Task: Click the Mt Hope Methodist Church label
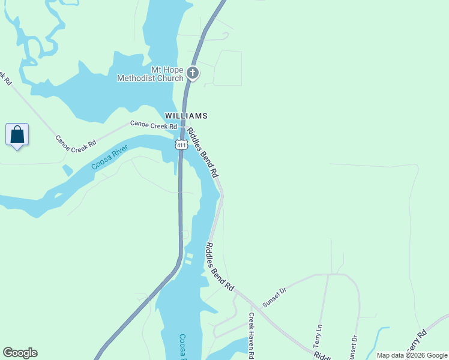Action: [150, 74]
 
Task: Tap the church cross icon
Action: [193, 74]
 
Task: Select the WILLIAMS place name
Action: [186, 115]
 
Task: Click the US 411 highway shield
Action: [180, 145]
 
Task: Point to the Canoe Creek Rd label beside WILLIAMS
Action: [154, 125]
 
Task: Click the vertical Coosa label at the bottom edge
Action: [183, 347]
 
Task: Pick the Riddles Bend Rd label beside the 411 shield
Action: [202, 152]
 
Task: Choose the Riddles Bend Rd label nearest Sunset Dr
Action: [220, 267]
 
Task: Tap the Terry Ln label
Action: [318, 337]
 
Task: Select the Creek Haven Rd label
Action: [252, 336]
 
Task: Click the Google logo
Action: [20, 353]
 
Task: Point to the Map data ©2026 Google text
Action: [412, 355]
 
